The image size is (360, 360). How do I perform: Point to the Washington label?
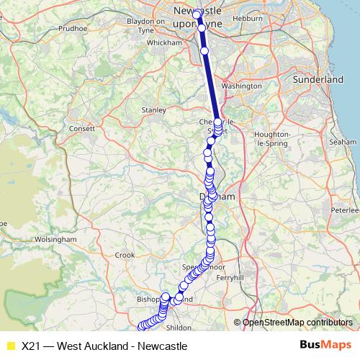(242, 86)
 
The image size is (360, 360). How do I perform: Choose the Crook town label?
(125, 254)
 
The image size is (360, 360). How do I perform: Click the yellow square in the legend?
(10, 346)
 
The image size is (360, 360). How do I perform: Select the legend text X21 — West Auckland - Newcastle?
(104, 346)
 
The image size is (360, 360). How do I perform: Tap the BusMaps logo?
(325, 346)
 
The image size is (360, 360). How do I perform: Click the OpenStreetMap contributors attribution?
(297, 323)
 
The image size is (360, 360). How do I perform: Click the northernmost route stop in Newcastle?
(196, 14)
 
